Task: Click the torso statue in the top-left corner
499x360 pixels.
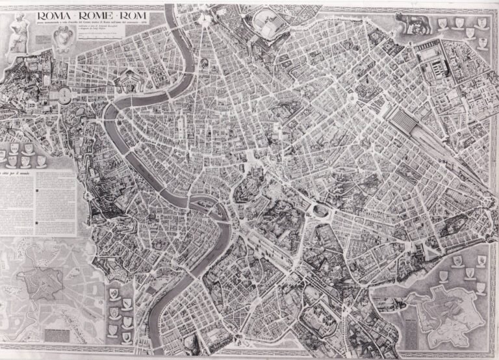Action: (18, 32)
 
